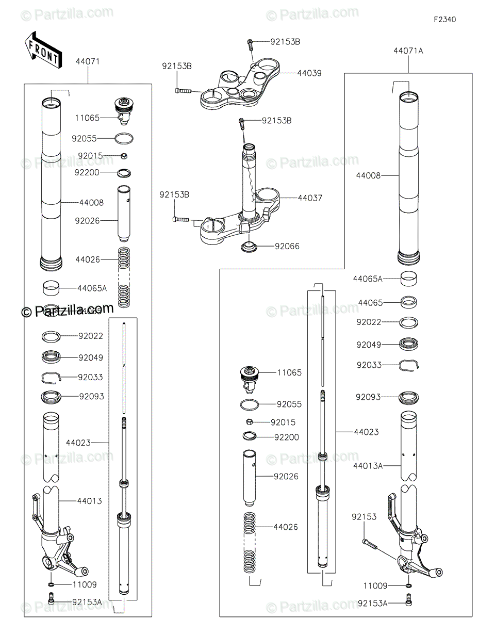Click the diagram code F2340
pos(444,20)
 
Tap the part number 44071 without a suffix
pos(88,61)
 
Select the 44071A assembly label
pos(408,51)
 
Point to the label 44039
pos(309,73)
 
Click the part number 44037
pos(309,198)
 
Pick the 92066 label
pos(287,246)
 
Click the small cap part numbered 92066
pos(250,247)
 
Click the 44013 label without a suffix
pos(90,501)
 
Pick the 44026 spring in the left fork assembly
pos(123,278)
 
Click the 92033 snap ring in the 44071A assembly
pos(409,365)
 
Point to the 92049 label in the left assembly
pos(91,357)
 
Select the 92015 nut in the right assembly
pos(249,422)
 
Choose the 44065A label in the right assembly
pos(368,279)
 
